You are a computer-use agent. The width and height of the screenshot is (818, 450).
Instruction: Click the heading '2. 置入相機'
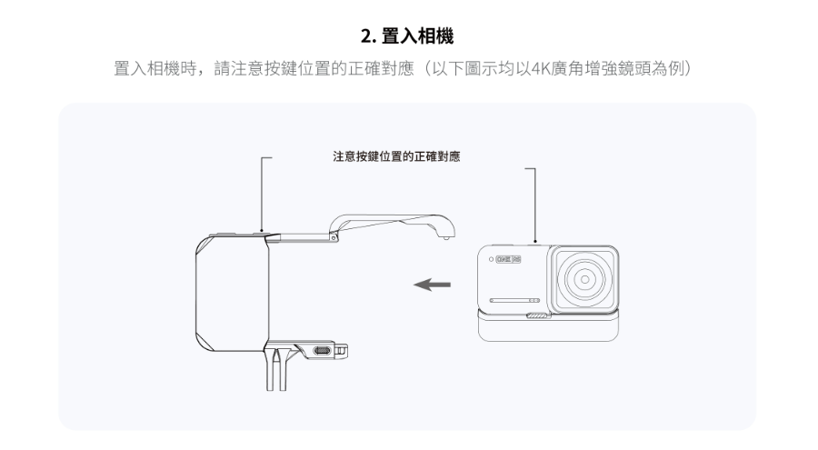[x=408, y=37]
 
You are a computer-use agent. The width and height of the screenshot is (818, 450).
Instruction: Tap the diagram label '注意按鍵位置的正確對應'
[x=396, y=157]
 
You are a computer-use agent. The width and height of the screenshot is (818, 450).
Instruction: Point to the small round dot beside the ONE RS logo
[x=490, y=258]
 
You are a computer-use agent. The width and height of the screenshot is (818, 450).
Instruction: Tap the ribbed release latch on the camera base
[x=538, y=316]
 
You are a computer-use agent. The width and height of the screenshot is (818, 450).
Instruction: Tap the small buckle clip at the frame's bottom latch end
[x=343, y=349]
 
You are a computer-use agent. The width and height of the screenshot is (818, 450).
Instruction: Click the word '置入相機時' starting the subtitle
[x=151, y=70]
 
